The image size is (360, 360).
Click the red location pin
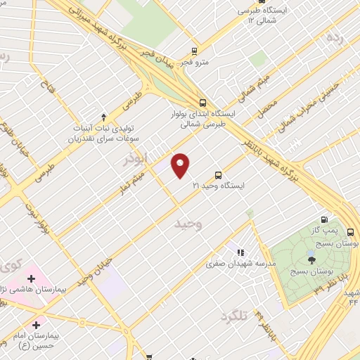(x=181, y=165)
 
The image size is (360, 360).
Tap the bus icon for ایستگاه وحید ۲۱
(x=218, y=174)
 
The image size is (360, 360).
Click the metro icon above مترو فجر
(x=195, y=51)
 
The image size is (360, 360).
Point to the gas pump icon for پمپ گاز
(x=325, y=219)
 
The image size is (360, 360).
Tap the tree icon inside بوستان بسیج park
(x=311, y=260)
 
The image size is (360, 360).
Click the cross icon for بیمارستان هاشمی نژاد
(x=31, y=279)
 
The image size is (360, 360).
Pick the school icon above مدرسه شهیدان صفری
(x=240, y=252)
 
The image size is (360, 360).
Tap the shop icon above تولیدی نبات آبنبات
(x=104, y=117)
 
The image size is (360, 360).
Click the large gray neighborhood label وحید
(x=188, y=224)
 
